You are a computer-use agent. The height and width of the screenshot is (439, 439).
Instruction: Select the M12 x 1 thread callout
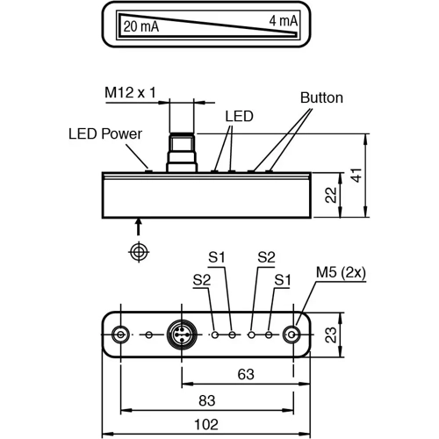(x=130, y=92)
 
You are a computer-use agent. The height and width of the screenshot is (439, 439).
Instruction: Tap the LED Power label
(x=104, y=134)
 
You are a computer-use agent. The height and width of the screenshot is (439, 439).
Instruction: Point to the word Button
(x=320, y=97)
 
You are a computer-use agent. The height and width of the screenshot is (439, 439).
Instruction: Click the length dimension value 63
(x=246, y=375)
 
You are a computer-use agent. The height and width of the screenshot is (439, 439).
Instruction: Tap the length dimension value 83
(x=206, y=400)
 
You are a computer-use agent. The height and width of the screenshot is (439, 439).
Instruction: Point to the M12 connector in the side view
(x=181, y=153)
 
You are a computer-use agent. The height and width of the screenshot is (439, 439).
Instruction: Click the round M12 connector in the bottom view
(x=181, y=335)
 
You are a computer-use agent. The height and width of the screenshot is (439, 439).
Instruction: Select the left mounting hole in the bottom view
(x=121, y=335)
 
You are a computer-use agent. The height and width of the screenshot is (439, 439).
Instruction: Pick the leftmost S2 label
(x=201, y=279)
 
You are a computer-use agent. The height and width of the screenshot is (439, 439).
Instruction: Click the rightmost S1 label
(x=282, y=279)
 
